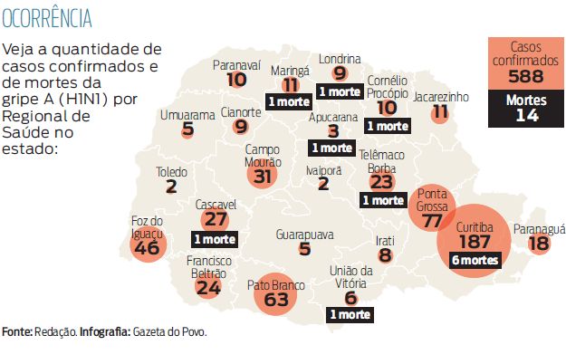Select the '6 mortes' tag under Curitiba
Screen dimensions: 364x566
[475, 260]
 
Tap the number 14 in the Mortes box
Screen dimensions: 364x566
[525, 115]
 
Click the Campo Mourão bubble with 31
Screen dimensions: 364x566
[264, 176]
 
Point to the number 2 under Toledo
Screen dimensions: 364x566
[171, 187]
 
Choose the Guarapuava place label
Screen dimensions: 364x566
[304, 235]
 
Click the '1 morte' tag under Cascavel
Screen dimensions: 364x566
[215, 239]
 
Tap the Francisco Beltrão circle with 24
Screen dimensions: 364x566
[208, 287]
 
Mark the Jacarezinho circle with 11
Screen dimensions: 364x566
[440, 112]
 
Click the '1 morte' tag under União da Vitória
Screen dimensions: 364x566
[350, 314]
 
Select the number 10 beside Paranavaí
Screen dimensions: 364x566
[237, 80]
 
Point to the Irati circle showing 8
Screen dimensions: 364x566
[385, 256]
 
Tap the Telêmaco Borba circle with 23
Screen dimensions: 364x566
[381, 181]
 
